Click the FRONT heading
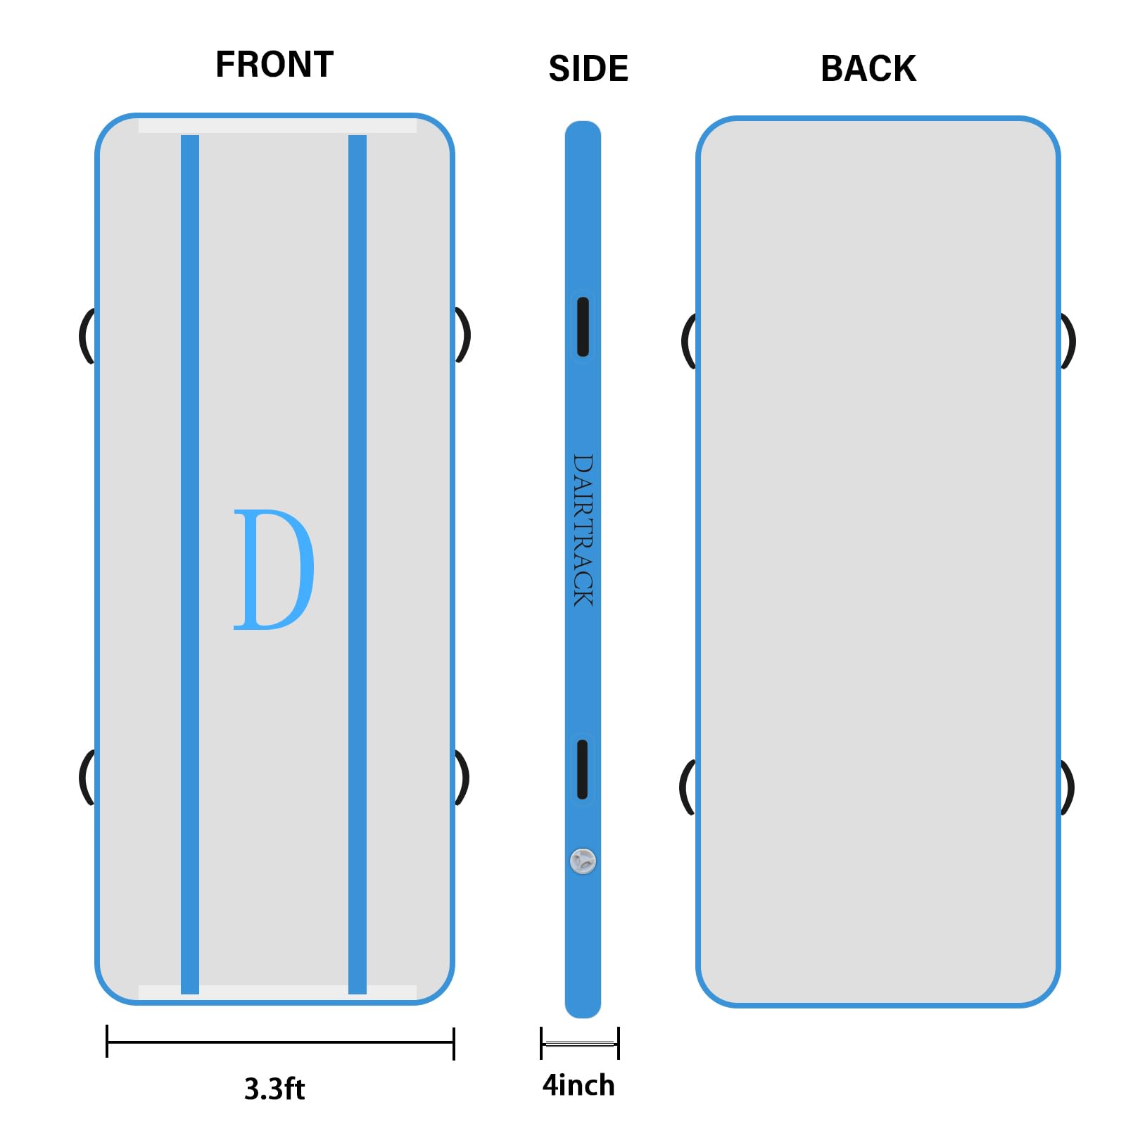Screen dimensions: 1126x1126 pos(274,65)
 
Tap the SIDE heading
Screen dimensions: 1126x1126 pos(588,69)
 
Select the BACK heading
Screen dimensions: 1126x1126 pos(868,69)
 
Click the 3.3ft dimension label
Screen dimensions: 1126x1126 pos(274,1089)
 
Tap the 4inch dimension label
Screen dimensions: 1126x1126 pos(578,1085)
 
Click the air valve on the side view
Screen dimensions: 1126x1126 pos(583,861)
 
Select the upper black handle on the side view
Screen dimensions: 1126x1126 pos(583,327)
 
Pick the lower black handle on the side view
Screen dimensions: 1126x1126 pos(582,769)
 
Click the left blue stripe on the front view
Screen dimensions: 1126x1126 pos(190,563)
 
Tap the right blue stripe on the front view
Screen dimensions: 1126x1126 pos(358,563)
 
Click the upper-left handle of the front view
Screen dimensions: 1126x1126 pos(86,336)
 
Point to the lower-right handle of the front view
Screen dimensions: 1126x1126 pos(462,778)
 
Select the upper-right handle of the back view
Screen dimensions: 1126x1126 pos(1068,341)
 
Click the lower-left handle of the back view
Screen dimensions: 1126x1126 pos(686,787)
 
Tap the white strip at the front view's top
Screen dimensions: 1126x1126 pos(277,126)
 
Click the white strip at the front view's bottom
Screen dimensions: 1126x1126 pos(277,992)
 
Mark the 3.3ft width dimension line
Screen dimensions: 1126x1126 pos(280,1042)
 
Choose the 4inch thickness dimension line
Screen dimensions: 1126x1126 pos(579,1043)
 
